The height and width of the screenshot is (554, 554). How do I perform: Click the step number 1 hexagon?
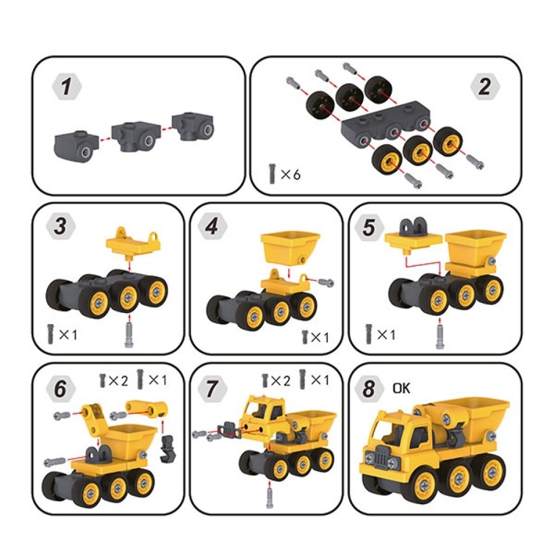click(x=66, y=86)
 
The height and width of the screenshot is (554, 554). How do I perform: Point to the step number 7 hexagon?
click(x=212, y=388)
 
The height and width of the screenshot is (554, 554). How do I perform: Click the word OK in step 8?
click(x=401, y=388)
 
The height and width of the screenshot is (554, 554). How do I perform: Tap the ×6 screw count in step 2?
click(x=285, y=174)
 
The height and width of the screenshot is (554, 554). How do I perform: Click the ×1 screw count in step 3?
click(x=62, y=334)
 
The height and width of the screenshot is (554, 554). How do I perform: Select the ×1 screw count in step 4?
click(x=315, y=337)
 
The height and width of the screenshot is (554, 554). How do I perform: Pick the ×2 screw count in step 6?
click(x=114, y=381)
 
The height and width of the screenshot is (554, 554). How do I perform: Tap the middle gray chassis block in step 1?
click(x=136, y=137)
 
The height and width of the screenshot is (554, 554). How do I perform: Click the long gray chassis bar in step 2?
click(x=386, y=126)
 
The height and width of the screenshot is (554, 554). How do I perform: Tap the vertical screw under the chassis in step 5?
click(x=439, y=335)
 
